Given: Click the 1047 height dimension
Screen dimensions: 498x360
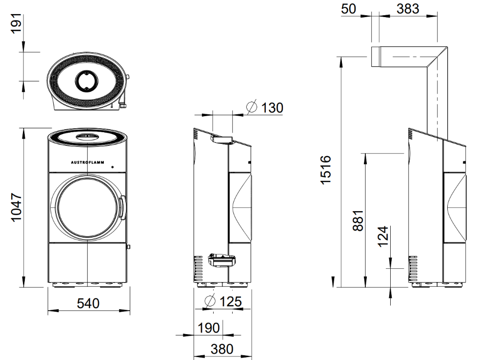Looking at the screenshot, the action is [x=16, y=207].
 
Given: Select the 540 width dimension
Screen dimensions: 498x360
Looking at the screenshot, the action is [x=88, y=303].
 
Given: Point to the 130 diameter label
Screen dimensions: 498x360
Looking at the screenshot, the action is [x=272, y=108].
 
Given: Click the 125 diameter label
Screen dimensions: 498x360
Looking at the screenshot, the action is [x=231, y=301].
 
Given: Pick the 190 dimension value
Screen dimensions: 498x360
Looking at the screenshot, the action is [x=209, y=328].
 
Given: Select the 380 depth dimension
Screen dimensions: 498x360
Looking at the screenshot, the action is [x=222, y=349].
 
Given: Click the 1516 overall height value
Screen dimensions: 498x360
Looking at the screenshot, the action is [x=326, y=170].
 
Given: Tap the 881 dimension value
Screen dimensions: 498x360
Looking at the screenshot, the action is [x=358, y=220].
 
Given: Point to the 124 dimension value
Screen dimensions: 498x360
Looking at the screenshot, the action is [x=383, y=236].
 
